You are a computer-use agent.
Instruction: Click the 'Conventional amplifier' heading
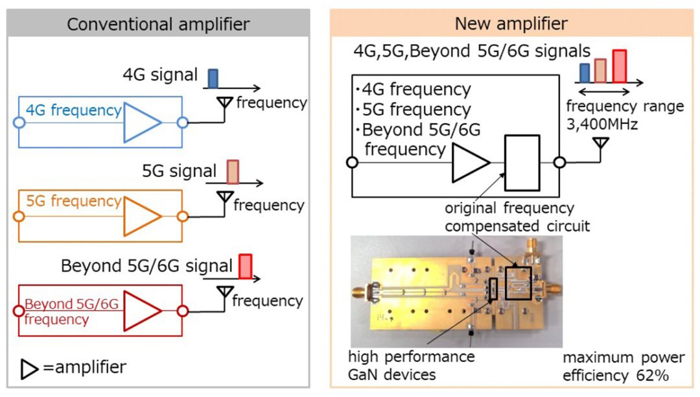pyautogui.click(x=158, y=25)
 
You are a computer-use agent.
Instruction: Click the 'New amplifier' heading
pyautogui.click(x=511, y=25)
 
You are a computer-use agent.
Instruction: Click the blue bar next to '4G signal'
pyautogui.click(x=212, y=78)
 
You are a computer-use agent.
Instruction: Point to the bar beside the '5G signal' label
pyautogui.click(x=232, y=173)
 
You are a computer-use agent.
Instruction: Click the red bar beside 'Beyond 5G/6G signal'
pyautogui.click(x=246, y=266)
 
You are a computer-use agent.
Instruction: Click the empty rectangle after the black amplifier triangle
pyautogui.click(x=522, y=162)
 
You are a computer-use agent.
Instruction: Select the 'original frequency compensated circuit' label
pyautogui.click(x=509, y=217)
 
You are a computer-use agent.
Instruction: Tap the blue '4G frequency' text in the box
pyautogui.click(x=73, y=111)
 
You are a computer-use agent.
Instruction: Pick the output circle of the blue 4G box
pyautogui.click(x=183, y=122)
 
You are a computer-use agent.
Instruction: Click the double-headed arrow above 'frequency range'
pyautogui.click(x=604, y=91)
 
